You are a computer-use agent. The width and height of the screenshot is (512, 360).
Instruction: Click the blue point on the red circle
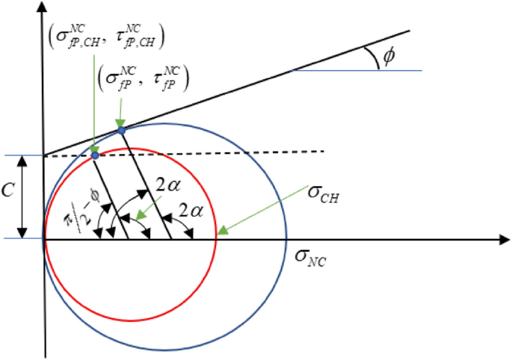coord(95,155)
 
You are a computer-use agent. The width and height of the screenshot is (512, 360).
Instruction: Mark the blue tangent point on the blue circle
coord(120,131)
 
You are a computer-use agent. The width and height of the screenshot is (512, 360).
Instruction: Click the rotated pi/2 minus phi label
coord(77,216)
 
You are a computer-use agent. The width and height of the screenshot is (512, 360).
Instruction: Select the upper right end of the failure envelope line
coord(410,31)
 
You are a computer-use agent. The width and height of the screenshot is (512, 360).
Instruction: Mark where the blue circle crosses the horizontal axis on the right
coord(287,240)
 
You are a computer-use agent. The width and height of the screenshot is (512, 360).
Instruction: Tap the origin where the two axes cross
coord(45,240)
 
